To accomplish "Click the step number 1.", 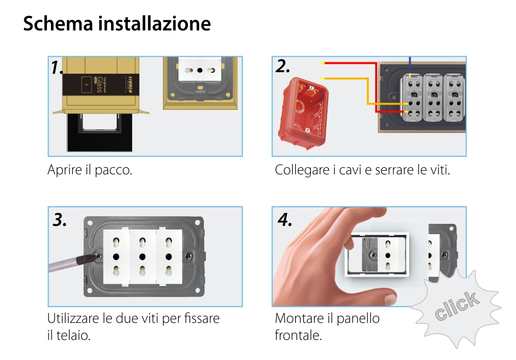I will tap(57, 68).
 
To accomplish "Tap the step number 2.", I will tap(283, 67).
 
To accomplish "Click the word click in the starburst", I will tap(456, 306).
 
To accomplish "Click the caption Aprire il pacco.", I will tap(90, 170).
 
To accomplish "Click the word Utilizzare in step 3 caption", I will tap(74, 319).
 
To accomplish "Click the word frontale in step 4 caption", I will tap(298, 336).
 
